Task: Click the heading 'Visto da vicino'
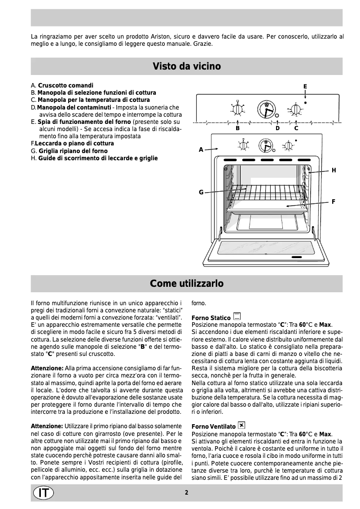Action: click(186, 66)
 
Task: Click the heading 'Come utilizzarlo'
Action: click(186, 284)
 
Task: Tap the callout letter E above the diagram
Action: click(305, 86)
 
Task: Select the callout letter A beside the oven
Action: click(201, 149)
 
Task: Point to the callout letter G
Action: click(201, 192)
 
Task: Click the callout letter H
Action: click(334, 171)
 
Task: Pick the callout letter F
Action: click(334, 202)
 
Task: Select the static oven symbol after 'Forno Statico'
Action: click(237, 317)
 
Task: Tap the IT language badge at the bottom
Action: click(43, 492)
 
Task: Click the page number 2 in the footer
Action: click(186, 492)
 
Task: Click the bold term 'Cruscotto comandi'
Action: click(66, 85)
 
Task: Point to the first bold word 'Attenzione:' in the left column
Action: click(47, 368)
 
